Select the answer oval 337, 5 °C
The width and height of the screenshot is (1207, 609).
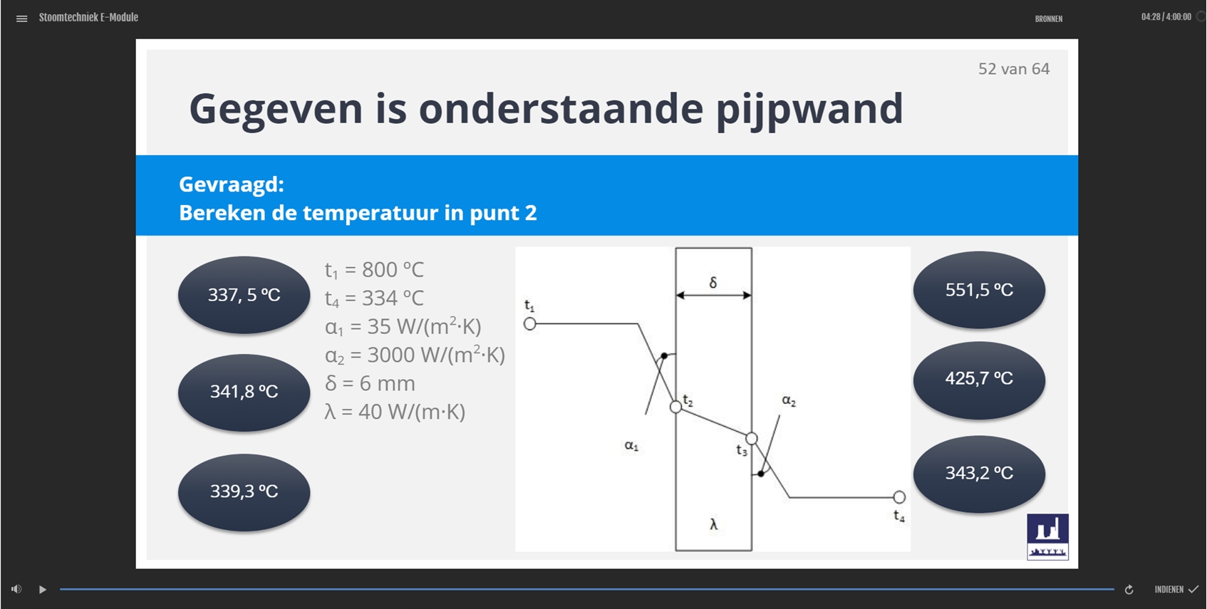click(244, 295)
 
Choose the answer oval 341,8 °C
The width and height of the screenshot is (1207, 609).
click(244, 392)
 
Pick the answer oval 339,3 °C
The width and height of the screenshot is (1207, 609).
click(244, 491)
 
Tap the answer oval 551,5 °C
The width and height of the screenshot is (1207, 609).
click(979, 290)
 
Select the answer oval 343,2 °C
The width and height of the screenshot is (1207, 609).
click(979, 474)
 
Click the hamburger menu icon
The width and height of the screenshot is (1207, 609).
click(21, 19)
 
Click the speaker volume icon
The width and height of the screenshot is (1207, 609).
click(16, 589)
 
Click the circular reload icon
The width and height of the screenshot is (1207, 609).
click(1129, 590)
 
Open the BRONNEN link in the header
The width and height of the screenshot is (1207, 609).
click(1049, 19)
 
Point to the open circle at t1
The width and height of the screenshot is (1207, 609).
click(529, 323)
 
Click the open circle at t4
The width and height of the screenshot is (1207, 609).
click(898, 497)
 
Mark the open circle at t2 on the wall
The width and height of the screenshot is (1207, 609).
click(675, 407)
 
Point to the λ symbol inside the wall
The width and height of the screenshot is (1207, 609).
click(713, 524)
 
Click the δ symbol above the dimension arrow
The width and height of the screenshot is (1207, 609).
click(713, 282)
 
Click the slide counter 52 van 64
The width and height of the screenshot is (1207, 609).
click(1014, 69)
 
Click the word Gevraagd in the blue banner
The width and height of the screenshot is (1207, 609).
click(231, 184)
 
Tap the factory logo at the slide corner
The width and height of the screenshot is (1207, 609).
click(1047, 537)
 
